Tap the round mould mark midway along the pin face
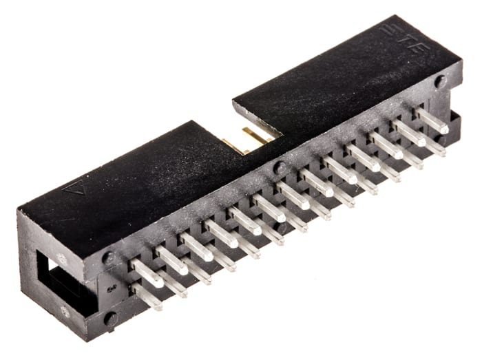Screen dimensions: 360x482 click(x=278, y=167)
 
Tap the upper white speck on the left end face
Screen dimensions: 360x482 click(x=61, y=260)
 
